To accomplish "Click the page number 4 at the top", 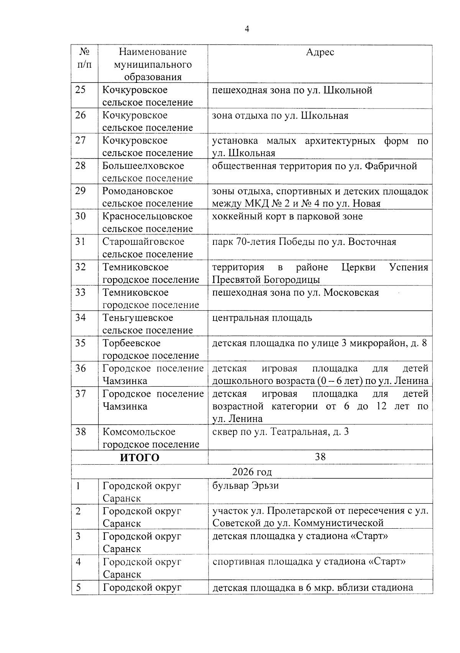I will pyautogui.click(x=247, y=30).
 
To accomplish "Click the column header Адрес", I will pyautogui.click(x=320, y=52).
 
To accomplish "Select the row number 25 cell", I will pyautogui.click(x=80, y=90).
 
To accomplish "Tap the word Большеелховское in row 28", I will pyautogui.click(x=143, y=166).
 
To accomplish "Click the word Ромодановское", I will pyautogui.click(x=138, y=191).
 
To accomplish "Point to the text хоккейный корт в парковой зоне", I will pyautogui.click(x=287, y=216).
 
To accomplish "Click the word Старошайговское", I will pyautogui.click(x=143, y=242).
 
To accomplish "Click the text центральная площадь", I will pyautogui.click(x=262, y=318).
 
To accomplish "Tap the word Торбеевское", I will pyautogui.click(x=131, y=343).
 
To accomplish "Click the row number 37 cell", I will pyautogui.click(x=80, y=394).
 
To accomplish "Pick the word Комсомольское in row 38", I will pyautogui.click(x=139, y=432).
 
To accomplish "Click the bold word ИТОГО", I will pyautogui.click(x=140, y=458).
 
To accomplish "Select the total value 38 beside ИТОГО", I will pyautogui.click(x=320, y=457).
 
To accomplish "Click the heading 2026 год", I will pyautogui.click(x=252, y=472).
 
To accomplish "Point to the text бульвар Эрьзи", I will pyautogui.click(x=245, y=486).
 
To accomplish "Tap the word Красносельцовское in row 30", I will pyautogui.click(x=147, y=216).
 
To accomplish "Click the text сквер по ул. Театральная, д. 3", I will pyautogui.click(x=280, y=432).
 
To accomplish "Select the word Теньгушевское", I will pyautogui.click(x=138, y=318).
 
